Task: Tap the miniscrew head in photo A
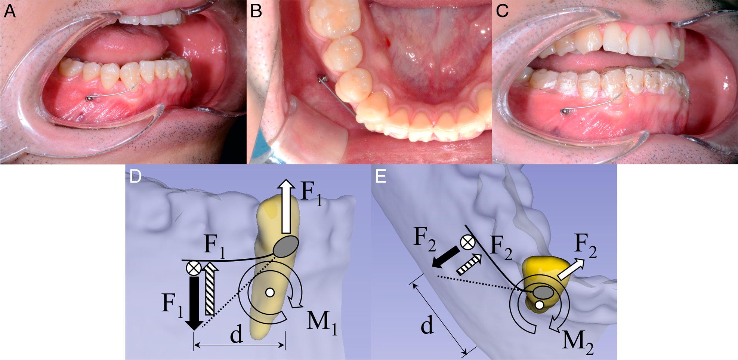click(x=89, y=99)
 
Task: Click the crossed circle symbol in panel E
click(x=467, y=243)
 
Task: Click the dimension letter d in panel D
click(x=236, y=336)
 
